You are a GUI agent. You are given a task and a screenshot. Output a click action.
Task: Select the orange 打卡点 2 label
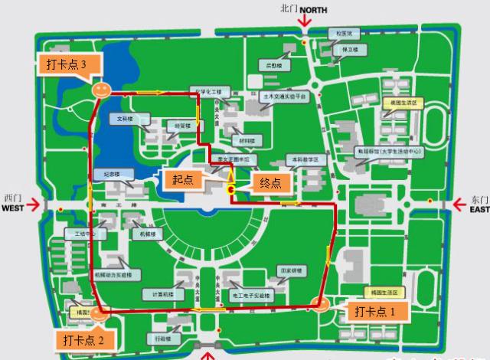point(89,339)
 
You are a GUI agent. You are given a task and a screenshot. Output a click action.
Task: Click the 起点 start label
point(182,178)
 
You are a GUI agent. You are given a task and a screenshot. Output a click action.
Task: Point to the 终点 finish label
point(270,182)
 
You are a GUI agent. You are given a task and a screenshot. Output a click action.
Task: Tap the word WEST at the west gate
point(13,208)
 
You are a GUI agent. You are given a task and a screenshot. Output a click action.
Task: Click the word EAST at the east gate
point(479,208)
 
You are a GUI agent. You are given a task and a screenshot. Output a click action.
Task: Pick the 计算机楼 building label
point(158,293)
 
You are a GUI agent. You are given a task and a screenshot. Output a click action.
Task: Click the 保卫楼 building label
point(350,50)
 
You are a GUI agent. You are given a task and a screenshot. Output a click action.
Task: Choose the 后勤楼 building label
point(273,66)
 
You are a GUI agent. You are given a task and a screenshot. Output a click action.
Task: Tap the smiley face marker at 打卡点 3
point(100,90)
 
